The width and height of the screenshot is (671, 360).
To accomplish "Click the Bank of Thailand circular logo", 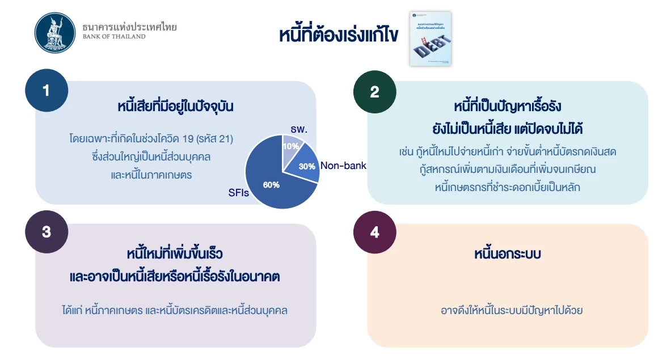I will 54,32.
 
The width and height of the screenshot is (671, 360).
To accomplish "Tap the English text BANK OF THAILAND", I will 113,37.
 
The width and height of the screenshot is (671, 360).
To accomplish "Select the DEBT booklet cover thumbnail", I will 431,38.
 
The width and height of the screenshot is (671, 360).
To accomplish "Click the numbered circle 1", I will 47,91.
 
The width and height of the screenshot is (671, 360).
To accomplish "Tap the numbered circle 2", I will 374,92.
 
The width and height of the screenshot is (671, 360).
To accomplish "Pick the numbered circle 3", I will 47,232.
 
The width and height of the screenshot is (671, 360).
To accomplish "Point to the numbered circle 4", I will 374,232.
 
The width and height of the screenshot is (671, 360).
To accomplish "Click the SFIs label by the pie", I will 239,193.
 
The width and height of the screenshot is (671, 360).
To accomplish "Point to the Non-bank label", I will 343,166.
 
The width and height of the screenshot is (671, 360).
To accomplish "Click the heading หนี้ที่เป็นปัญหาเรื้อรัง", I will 507,107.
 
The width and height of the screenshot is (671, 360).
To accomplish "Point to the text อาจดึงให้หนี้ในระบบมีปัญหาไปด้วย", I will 512,311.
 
